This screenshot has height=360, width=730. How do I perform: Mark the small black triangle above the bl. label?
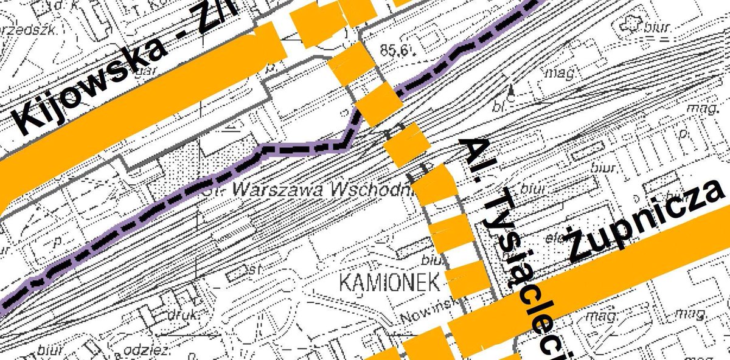coord(512,89)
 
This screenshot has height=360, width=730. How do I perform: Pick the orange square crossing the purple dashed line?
coord(377,105)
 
